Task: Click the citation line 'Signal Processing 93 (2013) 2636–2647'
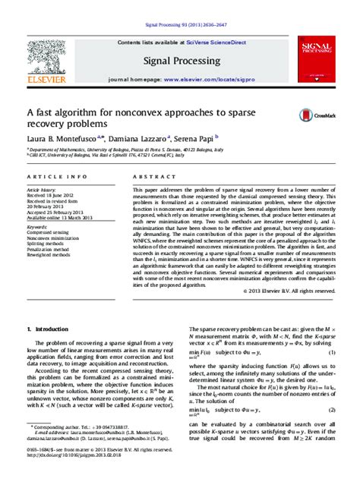180,11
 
